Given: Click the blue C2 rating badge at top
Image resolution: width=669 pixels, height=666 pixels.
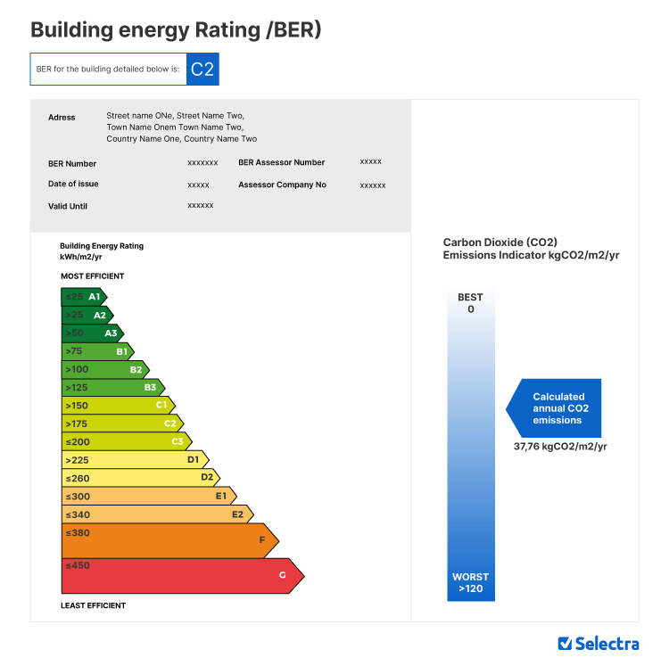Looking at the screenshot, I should (x=202, y=70).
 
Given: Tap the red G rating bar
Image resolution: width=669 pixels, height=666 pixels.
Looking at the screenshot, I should (x=178, y=576).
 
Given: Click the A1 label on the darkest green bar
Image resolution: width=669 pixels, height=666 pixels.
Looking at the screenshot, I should (x=95, y=296).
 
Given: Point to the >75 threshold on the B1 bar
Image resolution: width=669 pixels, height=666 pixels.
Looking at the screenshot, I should (x=74, y=351).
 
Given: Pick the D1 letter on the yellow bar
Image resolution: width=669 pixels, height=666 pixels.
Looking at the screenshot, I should (x=193, y=460).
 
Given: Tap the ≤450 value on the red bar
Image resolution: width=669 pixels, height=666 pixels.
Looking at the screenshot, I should (x=78, y=565).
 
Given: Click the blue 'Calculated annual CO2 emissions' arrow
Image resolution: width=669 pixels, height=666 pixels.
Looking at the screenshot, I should (x=556, y=408).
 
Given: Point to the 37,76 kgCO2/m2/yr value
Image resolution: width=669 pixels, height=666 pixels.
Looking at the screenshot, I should (x=560, y=447).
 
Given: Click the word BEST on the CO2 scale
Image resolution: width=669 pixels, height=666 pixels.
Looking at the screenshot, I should (x=470, y=298).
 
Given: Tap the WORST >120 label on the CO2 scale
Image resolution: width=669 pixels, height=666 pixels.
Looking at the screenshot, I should (x=470, y=583).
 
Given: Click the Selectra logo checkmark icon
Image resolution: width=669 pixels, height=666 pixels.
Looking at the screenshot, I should (x=565, y=643).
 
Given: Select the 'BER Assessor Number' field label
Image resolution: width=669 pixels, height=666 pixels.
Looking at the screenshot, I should (x=281, y=162).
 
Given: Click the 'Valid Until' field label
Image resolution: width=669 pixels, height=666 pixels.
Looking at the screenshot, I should (x=68, y=206).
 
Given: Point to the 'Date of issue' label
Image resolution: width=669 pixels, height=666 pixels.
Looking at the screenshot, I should (x=73, y=184).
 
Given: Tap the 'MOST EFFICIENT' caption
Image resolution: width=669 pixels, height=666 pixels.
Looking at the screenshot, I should (x=93, y=276).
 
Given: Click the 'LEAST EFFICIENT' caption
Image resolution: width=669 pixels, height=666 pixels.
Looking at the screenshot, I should (x=93, y=605).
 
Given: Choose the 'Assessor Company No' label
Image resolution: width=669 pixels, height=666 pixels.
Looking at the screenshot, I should (x=282, y=185).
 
